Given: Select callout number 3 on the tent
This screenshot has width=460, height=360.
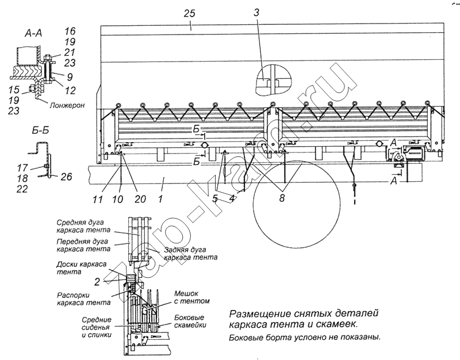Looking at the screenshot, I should (258, 12).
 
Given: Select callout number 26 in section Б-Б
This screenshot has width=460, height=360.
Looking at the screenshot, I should (66, 177).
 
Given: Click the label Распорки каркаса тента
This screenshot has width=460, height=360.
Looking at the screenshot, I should (83, 298).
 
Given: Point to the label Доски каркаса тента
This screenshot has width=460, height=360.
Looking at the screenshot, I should (80, 268).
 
